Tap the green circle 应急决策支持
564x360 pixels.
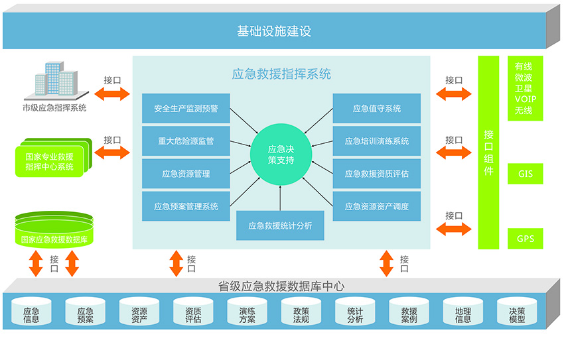(281, 154)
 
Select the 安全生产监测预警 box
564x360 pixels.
(186, 109)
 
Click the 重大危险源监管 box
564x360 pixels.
(186, 141)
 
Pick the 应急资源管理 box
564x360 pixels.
(186, 174)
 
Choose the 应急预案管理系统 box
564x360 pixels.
(186, 206)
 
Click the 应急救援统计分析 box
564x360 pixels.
(280, 226)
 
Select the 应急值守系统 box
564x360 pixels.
(376, 109)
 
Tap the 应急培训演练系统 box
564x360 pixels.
(376, 141)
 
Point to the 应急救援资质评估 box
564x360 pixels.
(376, 174)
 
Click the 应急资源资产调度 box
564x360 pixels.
(376, 206)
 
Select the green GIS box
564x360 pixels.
(525, 174)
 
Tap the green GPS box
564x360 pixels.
(525, 239)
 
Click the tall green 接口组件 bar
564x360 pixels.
(488, 152)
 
